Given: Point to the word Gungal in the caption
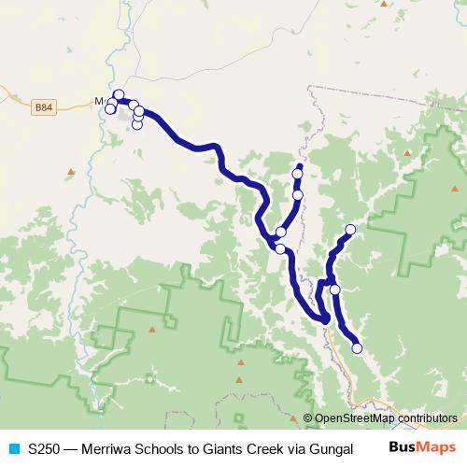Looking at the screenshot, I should pyautogui.click(x=331, y=448).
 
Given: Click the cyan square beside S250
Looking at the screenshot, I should pyautogui.click(x=13, y=448).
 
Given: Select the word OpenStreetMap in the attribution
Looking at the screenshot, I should pyautogui.click(x=355, y=417).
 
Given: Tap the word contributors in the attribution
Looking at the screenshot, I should pyautogui.click(x=426, y=417).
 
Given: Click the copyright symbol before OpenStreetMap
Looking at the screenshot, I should pyautogui.click(x=308, y=417).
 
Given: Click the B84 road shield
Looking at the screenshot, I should pyautogui.click(x=43, y=106).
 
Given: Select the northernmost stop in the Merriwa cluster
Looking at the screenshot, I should pyautogui.click(x=119, y=94).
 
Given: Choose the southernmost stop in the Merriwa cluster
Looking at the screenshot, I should pyautogui.click(x=137, y=124).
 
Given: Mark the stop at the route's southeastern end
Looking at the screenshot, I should pyautogui.click(x=357, y=348).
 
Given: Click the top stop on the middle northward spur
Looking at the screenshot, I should pyautogui.click(x=297, y=174).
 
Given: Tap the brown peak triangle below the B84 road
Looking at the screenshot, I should pyautogui.click(x=71, y=171).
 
